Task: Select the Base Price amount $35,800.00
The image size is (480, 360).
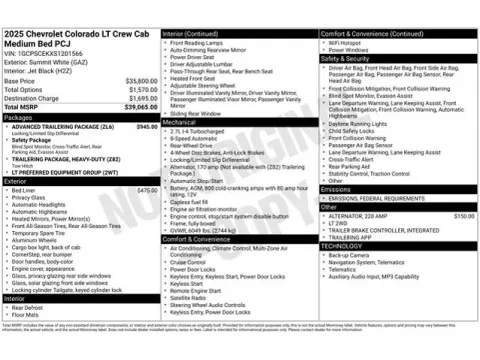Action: coord(140,80)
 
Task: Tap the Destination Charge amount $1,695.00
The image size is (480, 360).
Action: coord(141,98)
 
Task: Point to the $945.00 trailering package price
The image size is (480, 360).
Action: coord(146,127)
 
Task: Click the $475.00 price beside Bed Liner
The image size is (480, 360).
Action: coord(146,189)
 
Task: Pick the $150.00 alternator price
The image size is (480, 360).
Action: coord(463,216)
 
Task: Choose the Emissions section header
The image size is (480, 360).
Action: coord(336,188)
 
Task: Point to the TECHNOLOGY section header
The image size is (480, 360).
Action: coord(342,245)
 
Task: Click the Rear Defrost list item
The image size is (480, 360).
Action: coord(29,307)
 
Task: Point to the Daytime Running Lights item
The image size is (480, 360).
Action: coord(362,123)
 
